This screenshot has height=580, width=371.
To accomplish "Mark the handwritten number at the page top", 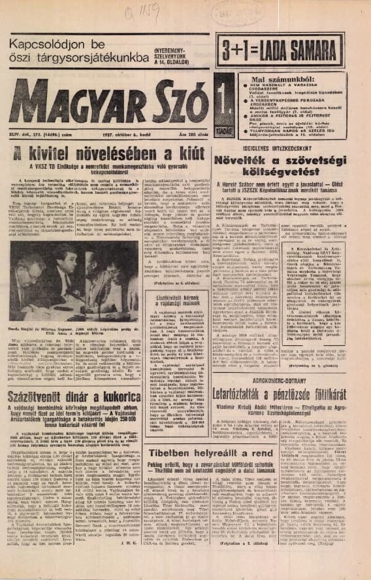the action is (x=161, y=10).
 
